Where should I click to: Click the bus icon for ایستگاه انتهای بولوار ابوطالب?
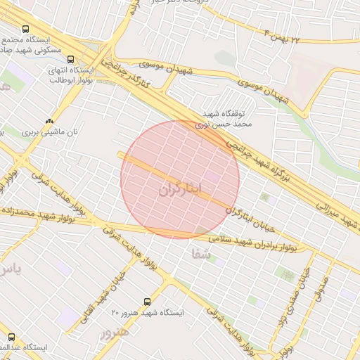click(x=70, y=58)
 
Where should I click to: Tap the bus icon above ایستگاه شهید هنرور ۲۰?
click(x=146, y=300)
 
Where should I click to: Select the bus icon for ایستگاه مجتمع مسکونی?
click(x=26, y=30)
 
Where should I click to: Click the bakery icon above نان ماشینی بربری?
click(x=49, y=121)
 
